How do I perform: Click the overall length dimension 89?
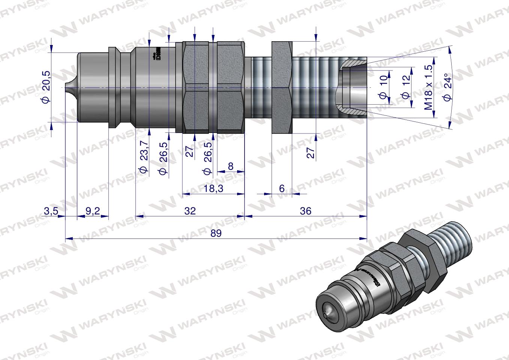[x=216, y=233]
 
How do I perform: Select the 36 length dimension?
[x=306, y=211]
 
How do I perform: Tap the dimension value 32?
[x=190, y=211]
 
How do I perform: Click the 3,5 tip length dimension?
[x=51, y=211]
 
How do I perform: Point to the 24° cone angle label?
[x=447, y=87]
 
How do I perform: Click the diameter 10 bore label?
[x=383, y=87]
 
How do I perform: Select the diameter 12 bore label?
[x=405, y=87]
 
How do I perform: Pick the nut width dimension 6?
[x=282, y=189]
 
